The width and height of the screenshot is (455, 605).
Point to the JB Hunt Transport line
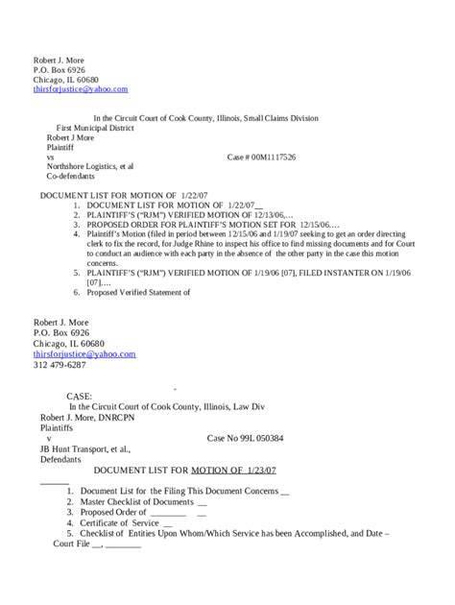(x=84, y=448)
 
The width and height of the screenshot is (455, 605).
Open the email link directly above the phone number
(x=84, y=354)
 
